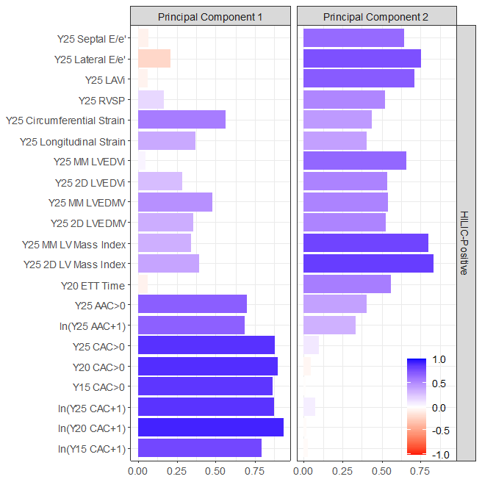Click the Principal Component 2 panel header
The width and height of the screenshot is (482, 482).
tap(375, 16)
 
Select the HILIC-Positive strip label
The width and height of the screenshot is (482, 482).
tap(464, 242)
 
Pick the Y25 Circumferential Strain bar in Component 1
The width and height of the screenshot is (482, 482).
tap(181, 120)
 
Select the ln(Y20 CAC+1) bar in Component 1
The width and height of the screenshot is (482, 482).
tap(210, 428)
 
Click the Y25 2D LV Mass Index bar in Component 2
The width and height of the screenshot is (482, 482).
tap(368, 264)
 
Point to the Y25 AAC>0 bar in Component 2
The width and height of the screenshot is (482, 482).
tap(334, 304)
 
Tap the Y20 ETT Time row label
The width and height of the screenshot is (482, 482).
tap(93, 285)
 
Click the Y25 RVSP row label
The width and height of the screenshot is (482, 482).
tap(102, 100)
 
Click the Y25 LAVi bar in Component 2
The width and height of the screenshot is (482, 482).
tap(359, 79)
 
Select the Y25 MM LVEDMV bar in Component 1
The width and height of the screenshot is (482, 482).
tap(174, 202)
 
